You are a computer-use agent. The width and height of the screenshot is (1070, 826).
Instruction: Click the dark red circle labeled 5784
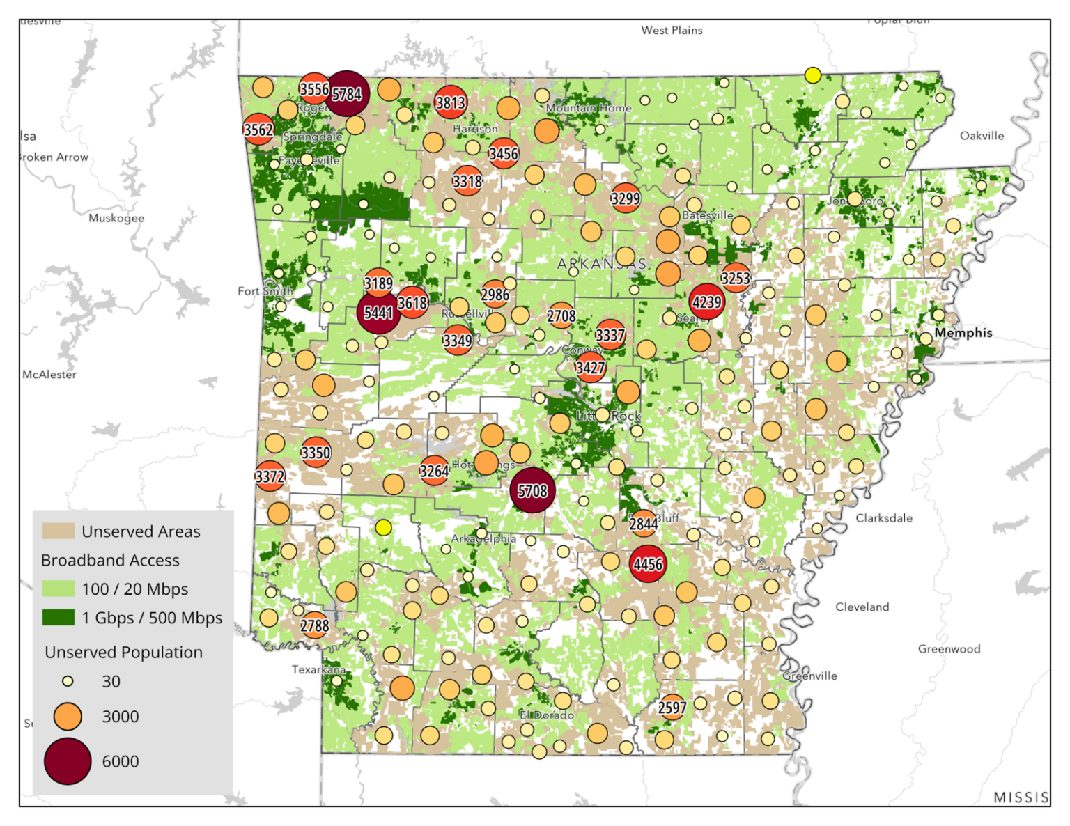[x=346, y=93]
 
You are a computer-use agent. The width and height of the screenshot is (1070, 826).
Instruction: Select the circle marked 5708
[x=532, y=491]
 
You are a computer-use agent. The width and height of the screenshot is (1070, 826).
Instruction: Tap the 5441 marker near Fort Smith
[x=378, y=313]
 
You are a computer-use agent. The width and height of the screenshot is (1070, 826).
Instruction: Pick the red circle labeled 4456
[x=648, y=563]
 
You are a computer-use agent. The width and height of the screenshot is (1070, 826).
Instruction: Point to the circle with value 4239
[x=706, y=302]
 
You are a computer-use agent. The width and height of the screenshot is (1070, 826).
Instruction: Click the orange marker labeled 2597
[x=672, y=708]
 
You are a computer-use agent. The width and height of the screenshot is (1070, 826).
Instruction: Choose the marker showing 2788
[x=315, y=625]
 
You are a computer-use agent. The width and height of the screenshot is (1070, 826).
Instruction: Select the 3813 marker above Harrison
[x=451, y=103]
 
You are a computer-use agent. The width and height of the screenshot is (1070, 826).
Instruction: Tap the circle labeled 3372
[x=270, y=476]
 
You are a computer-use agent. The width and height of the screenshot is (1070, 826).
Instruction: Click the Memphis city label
[x=963, y=333]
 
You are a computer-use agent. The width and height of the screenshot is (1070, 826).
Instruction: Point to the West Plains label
[x=672, y=30]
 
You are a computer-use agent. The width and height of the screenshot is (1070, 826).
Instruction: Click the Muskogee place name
[x=116, y=218]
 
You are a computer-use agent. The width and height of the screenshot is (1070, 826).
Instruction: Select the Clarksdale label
[x=883, y=518]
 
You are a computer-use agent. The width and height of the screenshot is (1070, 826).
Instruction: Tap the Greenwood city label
[x=949, y=649]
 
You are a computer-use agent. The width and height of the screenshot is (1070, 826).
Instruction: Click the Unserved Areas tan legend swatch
[x=58, y=531]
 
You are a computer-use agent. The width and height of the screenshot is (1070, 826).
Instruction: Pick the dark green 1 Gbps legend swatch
[x=58, y=617]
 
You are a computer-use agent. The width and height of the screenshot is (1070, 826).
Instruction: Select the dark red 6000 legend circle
[x=68, y=761]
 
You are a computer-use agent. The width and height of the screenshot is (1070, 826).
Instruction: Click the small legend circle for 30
[x=68, y=681]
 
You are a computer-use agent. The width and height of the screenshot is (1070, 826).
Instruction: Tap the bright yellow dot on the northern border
[x=812, y=75]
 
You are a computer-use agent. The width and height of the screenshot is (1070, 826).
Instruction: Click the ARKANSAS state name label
[x=602, y=264]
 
